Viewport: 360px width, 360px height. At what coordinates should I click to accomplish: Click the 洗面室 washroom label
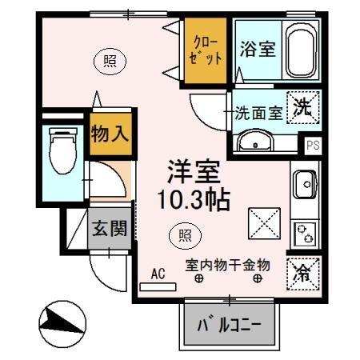[258, 113]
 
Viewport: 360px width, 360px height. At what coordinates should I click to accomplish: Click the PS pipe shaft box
[311, 146]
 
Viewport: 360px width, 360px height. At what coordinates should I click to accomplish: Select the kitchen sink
[304, 186]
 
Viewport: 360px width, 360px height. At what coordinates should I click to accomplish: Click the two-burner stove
[305, 233]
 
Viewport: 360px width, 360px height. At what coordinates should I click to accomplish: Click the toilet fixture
[59, 150]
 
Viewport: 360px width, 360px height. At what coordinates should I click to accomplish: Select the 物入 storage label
[109, 133]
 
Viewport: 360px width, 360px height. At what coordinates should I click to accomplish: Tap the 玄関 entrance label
[108, 229]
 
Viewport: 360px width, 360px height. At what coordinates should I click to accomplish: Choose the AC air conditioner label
[158, 274]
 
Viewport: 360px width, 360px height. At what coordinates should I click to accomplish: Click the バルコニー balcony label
[230, 326]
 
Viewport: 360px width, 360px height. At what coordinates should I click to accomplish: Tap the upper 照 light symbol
[106, 58]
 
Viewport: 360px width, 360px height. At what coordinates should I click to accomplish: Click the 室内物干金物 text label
[227, 264]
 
